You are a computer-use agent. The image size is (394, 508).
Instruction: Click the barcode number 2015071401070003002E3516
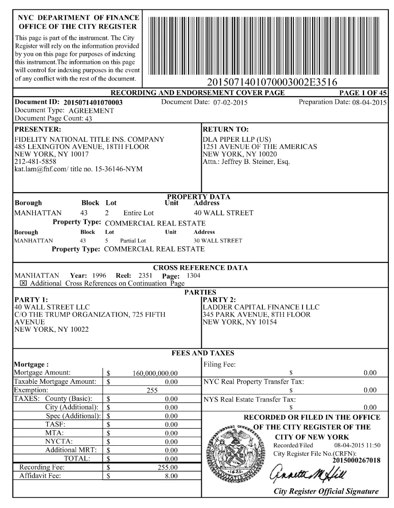[x=272, y=82]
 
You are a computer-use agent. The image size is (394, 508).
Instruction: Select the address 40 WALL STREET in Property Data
[x=223, y=213]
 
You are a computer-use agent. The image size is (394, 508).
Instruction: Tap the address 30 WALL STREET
[x=218, y=241]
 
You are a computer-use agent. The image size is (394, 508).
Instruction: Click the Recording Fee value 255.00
[x=168, y=467]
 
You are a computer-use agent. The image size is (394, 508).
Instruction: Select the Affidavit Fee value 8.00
[x=171, y=476]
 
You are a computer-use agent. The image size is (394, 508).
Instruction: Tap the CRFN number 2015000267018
[x=356, y=460]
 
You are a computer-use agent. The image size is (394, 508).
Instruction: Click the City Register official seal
[x=235, y=453]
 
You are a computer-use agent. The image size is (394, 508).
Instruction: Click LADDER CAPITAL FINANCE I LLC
[x=261, y=307]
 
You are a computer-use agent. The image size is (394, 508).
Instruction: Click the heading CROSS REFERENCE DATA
[x=200, y=268]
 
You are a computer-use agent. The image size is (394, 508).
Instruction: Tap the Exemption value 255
[x=152, y=390]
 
